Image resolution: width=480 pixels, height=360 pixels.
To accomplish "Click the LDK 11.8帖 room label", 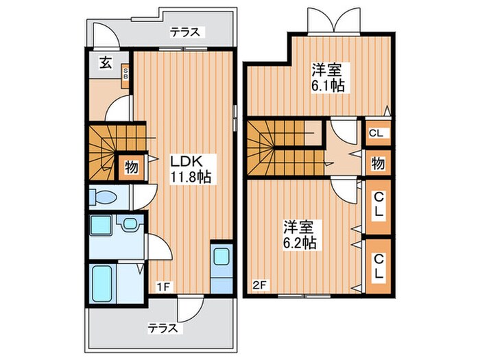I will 190,168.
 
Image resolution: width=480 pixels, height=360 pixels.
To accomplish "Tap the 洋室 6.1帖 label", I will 328,77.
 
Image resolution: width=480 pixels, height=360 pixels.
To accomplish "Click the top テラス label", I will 185,31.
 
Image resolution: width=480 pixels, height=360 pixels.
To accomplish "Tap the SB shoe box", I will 125,73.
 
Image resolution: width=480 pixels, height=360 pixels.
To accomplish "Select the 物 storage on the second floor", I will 377,163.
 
